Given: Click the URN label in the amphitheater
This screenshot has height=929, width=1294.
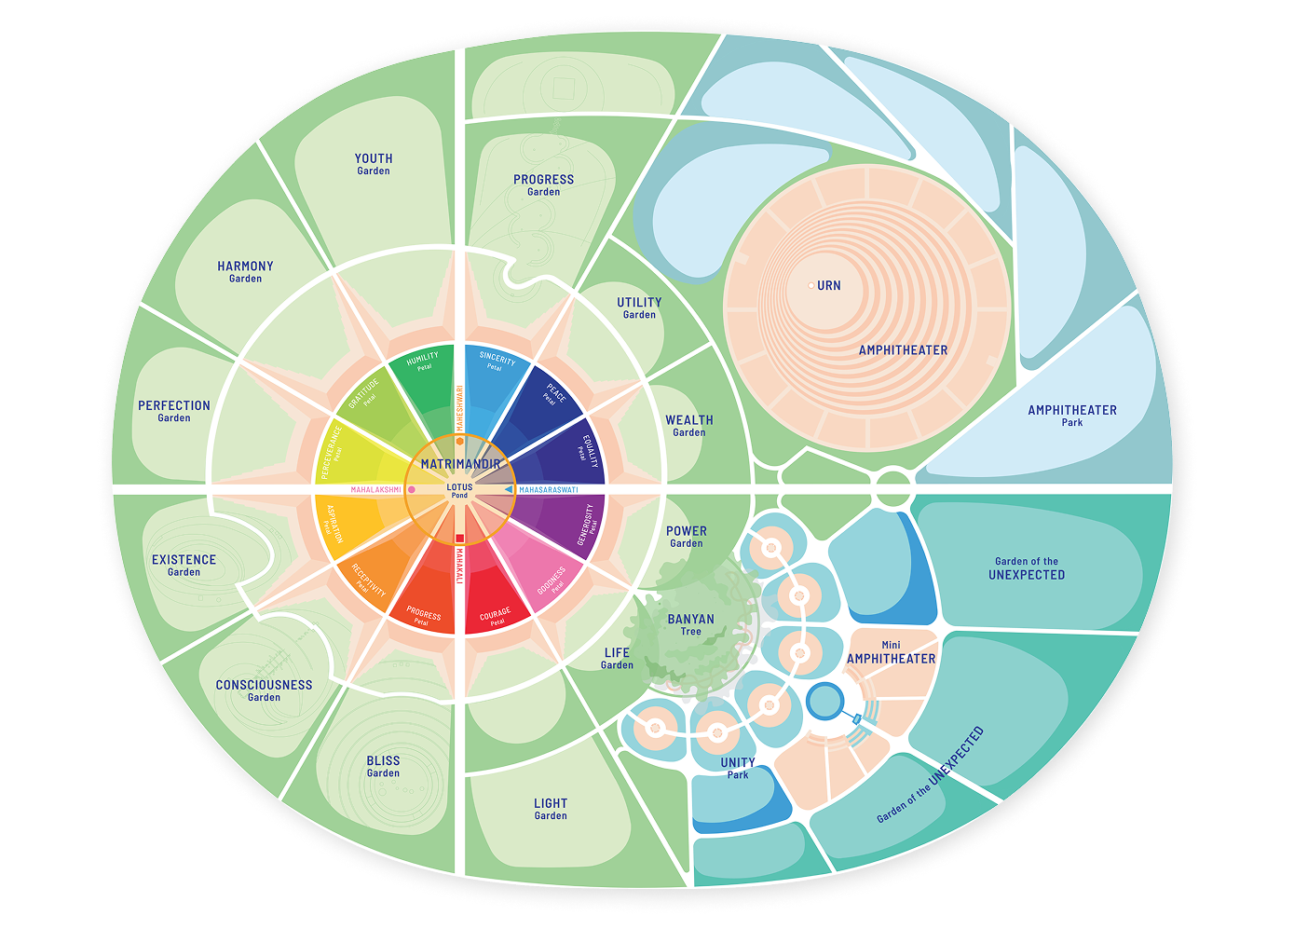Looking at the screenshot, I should pos(828,286).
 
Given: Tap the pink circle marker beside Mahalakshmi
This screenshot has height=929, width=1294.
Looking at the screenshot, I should pos(412,489).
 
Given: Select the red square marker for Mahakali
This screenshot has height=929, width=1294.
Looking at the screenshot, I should pos(459,538).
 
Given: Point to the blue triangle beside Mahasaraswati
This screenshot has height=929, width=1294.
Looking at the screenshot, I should pos(509,489).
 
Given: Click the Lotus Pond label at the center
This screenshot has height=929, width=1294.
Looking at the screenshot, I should pos(459,490).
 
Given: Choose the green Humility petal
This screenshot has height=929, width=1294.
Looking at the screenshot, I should pos(424,373).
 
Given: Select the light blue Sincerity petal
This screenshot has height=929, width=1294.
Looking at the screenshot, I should pos(497,372).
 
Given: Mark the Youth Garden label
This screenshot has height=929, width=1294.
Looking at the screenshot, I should pos(374,164).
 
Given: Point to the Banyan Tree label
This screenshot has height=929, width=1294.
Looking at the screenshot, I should pos(691,624).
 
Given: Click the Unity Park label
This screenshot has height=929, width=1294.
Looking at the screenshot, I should pos(738,768).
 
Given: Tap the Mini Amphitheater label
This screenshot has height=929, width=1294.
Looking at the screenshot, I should pos(892,652).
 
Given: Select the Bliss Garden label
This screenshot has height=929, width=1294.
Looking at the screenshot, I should pos(383,766).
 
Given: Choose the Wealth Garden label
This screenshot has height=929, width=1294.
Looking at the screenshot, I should pos(689,426).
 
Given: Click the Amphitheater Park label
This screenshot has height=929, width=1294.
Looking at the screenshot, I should pos(1072,416).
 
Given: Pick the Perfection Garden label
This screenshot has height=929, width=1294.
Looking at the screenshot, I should pos(174,411).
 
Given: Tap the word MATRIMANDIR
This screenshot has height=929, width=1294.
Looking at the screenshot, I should pos(460,464).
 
